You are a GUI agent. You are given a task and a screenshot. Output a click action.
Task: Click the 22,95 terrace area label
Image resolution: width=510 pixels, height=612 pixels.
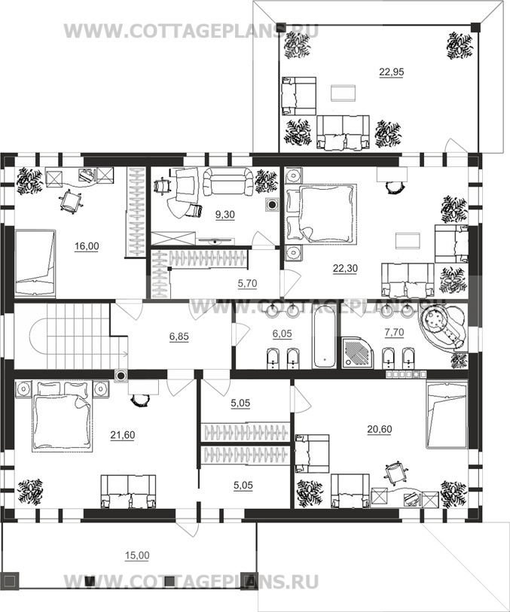pos(391,72)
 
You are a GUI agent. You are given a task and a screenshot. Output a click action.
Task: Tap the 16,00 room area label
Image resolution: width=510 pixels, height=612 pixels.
pos(87,246)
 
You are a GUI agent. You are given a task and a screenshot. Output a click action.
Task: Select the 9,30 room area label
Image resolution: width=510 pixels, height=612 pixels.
pos(225,215)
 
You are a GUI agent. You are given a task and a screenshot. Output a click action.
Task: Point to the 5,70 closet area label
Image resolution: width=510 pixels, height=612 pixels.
pos(247,283)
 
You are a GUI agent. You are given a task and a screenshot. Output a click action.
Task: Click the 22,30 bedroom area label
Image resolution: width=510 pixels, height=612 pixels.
pos(345,268)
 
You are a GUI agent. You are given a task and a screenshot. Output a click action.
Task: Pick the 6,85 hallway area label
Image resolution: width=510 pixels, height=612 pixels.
pos(179,336)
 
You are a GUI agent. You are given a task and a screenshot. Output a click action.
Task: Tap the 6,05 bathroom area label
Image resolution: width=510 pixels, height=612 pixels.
pos(282,333)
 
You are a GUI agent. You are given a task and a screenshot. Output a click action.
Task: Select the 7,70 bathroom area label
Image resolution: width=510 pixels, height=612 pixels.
pos(394,333)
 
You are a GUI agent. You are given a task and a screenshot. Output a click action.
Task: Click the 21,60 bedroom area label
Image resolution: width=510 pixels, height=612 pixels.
pos(123,435)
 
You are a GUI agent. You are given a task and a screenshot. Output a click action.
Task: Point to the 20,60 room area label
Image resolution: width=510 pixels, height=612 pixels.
pos(380,429)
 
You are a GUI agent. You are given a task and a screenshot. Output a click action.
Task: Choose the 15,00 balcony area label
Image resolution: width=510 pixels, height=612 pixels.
pos(137,556)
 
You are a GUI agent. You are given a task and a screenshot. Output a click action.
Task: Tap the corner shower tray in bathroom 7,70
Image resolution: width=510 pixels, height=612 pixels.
pos(357,353)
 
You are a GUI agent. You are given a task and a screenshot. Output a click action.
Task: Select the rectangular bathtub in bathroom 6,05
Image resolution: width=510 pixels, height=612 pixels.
pos(324,337)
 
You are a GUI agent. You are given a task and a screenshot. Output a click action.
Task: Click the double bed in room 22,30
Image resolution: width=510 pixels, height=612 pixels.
pos(322,215)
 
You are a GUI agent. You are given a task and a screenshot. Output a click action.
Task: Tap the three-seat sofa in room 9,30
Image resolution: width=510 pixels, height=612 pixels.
pos(228,181)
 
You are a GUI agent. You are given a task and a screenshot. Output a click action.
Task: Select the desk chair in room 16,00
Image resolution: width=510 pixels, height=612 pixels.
pos(70,201)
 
